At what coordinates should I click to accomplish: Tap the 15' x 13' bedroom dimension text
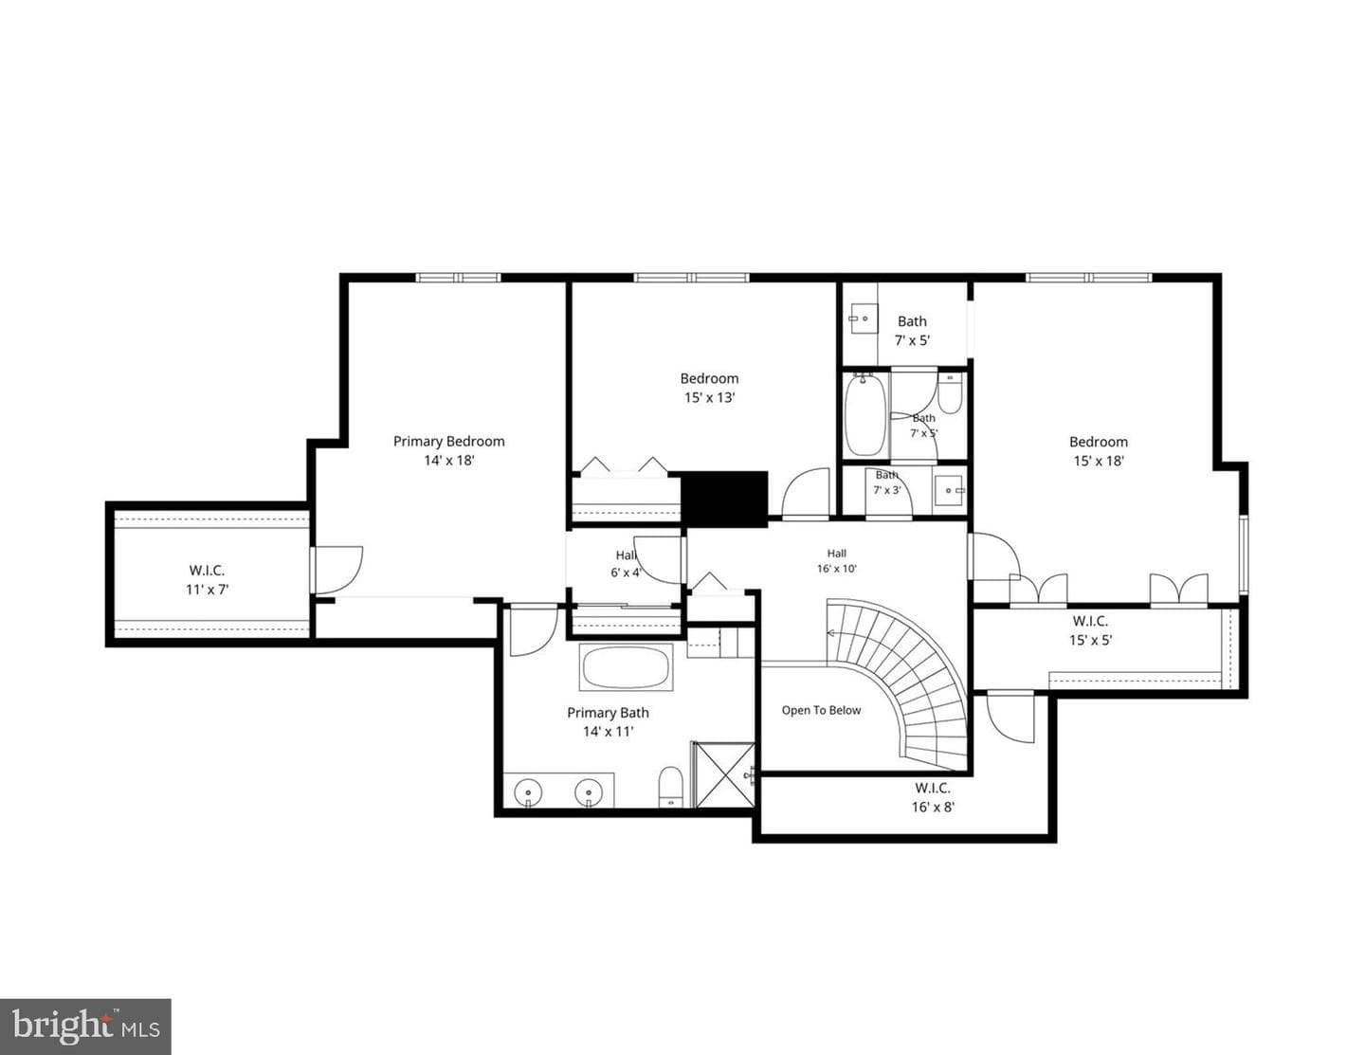click(x=709, y=397)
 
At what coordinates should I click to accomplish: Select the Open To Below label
click(x=821, y=710)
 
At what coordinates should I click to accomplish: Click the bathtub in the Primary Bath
click(x=626, y=667)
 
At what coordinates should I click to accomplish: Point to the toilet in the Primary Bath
click(x=671, y=786)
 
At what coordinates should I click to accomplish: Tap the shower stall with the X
click(x=723, y=774)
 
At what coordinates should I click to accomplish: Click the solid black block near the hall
click(x=724, y=499)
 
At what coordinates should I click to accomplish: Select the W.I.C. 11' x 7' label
click(x=207, y=579)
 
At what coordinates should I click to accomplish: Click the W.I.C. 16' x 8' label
click(x=933, y=797)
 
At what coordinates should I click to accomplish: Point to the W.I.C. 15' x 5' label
click(x=1090, y=630)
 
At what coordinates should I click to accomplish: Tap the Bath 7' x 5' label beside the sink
click(x=912, y=331)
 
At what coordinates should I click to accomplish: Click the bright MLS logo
click(x=85, y=1028)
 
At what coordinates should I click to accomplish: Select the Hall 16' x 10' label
click(x=837, y=561)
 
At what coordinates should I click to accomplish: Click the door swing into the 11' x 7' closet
click(x=338, y=570)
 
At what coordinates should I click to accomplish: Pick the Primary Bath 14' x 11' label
click(x=608, y=721)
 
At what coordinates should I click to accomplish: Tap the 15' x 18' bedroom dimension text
click(x=1098, y=461)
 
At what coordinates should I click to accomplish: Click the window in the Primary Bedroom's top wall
click(x=458, y=277)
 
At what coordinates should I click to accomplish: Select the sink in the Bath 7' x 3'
click(x=949, y=490)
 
